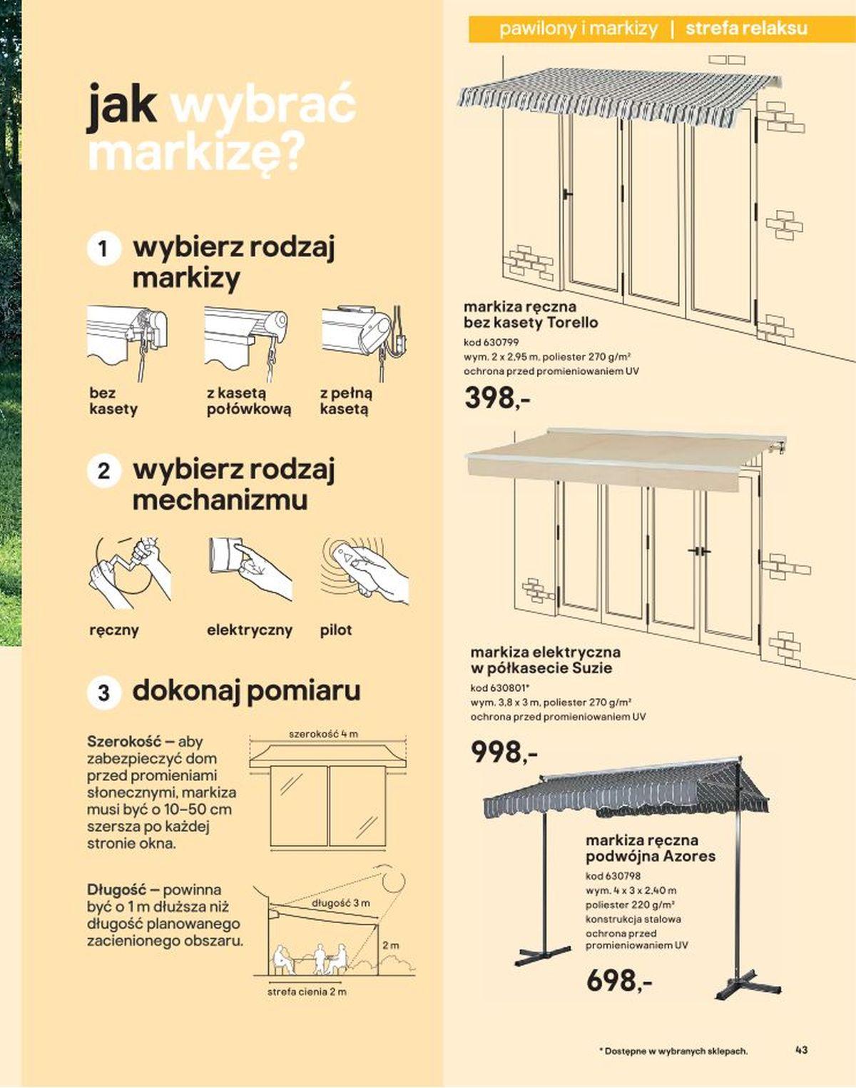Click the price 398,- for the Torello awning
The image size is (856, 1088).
[x=497, y=397]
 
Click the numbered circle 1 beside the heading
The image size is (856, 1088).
[x=103, y=248]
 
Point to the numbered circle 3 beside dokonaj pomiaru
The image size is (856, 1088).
[x=103, y=692]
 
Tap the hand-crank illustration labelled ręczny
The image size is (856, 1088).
[x=130, y=573]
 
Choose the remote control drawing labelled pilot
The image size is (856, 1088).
[x=365, y=571]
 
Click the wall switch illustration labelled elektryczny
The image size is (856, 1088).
[x=250, y=569]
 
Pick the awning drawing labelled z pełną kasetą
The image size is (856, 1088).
[x=364, y=343]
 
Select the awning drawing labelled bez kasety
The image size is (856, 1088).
[x=127, y=343]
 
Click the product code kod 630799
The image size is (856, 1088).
[x=491, y=342]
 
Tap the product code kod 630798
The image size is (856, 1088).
[x=613, y=875]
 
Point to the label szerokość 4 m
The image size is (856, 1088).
[x=324, y=733]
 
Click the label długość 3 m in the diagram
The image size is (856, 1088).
[x=340, y=902]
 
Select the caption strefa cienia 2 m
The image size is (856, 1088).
[x=307, y=992]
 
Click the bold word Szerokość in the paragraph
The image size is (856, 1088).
[x=124, y=741]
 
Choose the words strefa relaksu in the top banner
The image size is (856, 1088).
[x=746, y=29]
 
